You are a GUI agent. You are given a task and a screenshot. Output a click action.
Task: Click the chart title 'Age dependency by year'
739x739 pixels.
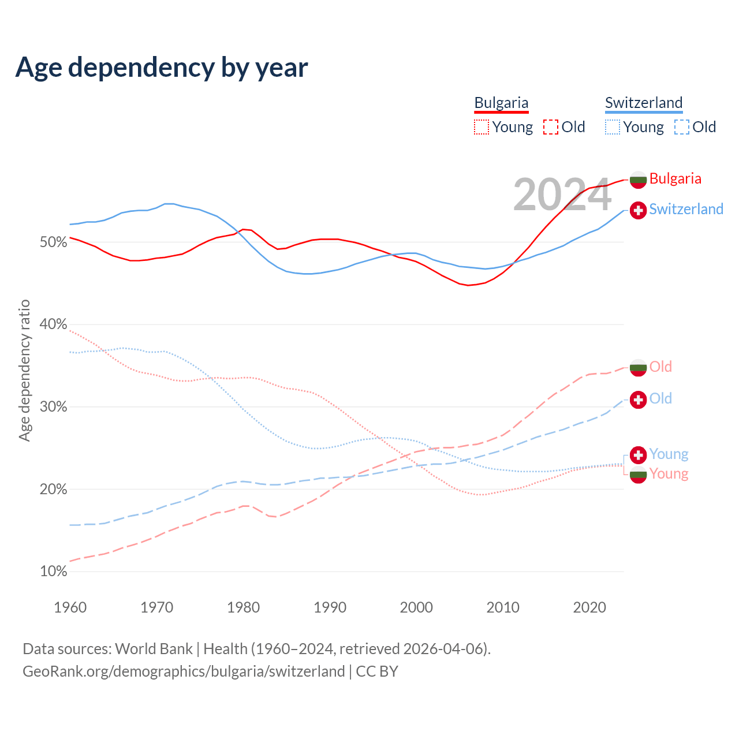162,68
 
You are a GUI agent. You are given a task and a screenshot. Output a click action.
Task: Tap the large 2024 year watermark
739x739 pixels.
562,195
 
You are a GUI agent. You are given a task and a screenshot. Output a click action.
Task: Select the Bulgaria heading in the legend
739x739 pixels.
501,103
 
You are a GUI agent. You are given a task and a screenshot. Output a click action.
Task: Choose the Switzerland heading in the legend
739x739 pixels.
644,103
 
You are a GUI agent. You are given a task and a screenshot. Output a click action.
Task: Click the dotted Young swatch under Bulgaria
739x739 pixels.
482,127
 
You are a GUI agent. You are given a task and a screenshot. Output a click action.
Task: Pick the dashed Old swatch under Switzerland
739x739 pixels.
681,127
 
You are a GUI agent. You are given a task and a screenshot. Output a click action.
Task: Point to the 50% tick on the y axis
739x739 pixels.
54,242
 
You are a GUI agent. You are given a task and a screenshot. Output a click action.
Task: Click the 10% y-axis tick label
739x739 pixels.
54,572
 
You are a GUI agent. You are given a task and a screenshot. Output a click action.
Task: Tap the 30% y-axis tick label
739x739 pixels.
54,407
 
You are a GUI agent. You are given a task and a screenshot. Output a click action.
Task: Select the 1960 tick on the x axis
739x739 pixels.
70,607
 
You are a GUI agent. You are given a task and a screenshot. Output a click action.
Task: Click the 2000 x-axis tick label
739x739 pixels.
416,607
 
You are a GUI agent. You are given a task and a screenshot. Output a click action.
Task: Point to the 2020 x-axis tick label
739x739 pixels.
589,607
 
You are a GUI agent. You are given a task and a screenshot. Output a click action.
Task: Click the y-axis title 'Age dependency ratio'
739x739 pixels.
24,370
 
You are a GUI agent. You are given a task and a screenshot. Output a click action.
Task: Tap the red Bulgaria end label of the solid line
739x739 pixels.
675,178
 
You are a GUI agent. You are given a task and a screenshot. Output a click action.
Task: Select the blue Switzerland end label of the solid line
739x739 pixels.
686,209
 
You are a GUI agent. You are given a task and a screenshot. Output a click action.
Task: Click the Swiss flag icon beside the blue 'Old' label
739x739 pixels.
638,400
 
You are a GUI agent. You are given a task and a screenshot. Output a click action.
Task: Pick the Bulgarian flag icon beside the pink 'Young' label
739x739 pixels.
638,475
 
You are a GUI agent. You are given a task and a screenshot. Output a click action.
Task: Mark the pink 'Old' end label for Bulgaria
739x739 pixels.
660,367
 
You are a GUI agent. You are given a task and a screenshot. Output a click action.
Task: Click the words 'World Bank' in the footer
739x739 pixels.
154,649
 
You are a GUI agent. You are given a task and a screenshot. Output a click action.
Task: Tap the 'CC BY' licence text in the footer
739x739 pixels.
377,671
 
